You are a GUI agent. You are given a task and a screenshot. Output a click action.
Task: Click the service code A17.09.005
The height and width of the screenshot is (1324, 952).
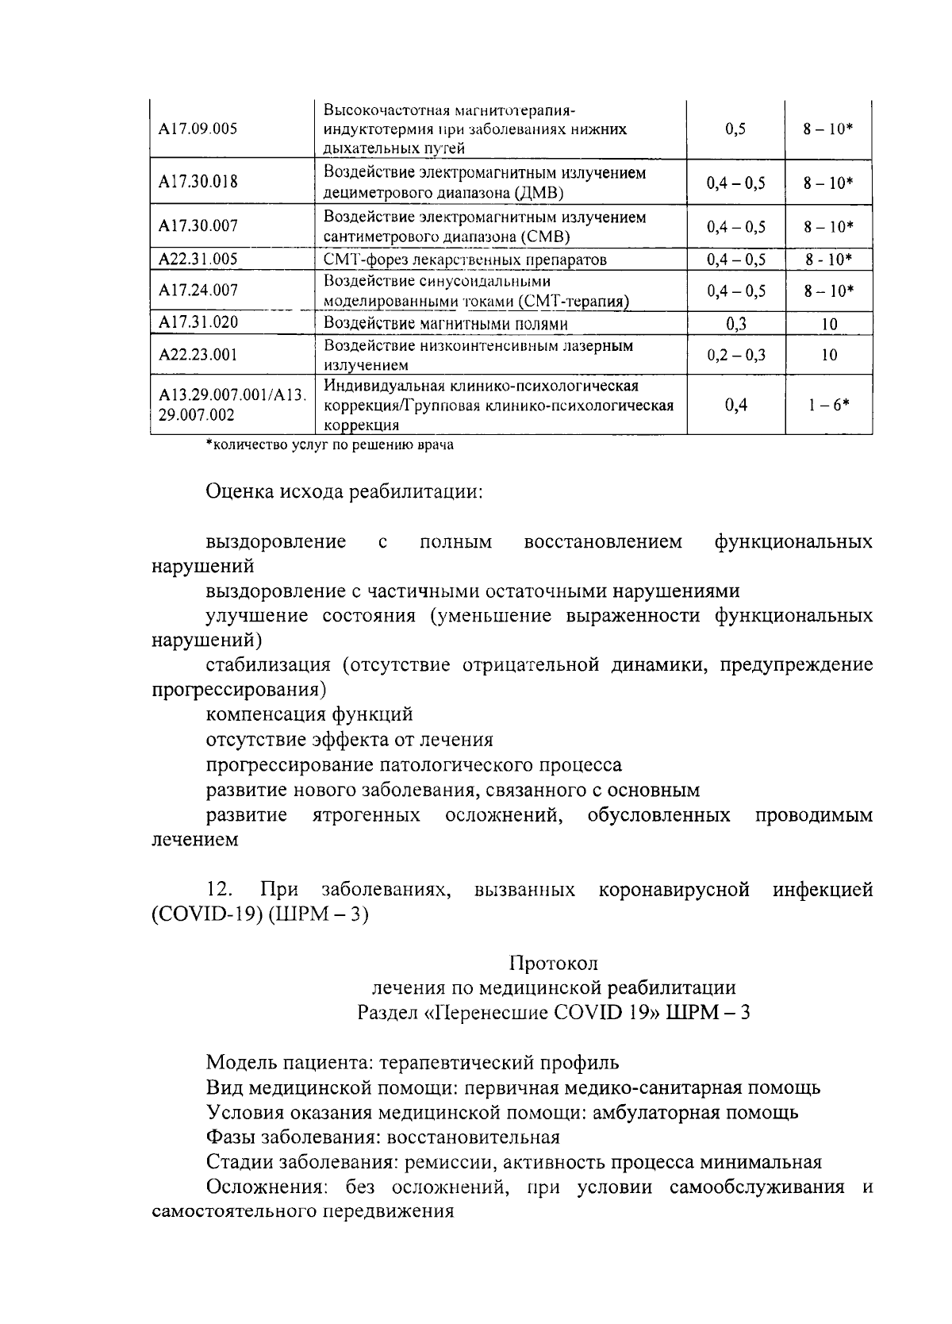tap(198, 129)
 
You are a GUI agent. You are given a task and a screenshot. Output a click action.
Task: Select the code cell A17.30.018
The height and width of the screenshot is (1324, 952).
tap(198, 182)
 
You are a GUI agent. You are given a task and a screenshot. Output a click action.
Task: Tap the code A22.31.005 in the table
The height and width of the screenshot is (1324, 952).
tap(198, 259)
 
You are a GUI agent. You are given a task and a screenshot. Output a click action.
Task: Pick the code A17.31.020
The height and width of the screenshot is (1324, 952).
tap(198, 322)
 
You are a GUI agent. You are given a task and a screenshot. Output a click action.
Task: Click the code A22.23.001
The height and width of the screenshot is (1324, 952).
tap(198, 355)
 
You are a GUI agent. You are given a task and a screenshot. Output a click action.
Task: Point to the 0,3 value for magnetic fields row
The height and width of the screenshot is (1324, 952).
tap(735, 323)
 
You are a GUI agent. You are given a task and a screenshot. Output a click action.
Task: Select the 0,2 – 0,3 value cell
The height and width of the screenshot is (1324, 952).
tap(735, 355)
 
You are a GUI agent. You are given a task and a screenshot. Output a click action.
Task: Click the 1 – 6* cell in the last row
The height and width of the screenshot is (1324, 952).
tap(829, 405)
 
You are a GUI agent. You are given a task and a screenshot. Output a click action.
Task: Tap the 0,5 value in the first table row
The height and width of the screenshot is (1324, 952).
tap(735, 129)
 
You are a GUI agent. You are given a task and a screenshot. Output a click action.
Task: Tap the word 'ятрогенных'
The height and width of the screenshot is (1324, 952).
tap(367, 815)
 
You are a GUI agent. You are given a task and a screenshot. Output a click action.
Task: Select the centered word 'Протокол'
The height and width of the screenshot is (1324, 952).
tap(553, 963)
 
